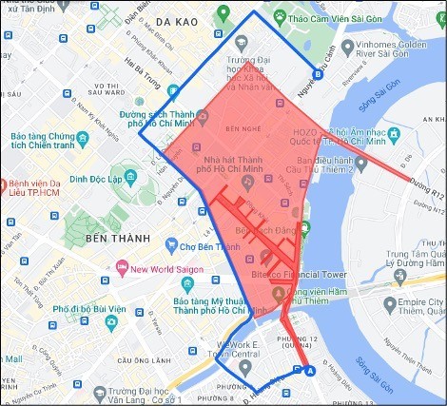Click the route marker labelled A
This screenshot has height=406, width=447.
[x=307, y=372]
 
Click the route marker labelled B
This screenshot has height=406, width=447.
[x=318, y=76]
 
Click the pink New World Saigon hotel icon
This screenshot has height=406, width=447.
[x=121, y=268]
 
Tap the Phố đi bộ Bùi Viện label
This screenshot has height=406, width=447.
[x=90, y=310]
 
